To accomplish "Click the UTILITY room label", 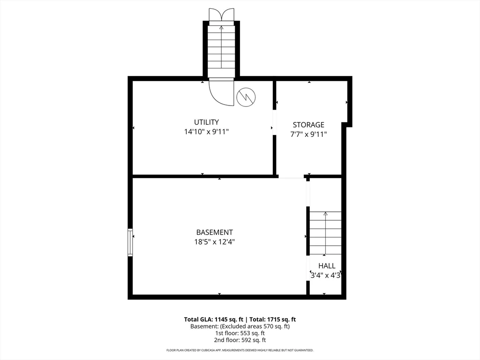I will tap(206, 122).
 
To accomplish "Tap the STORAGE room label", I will tap(308, 125).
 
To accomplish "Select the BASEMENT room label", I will tap(214, 232).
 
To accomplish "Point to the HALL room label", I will tap(327, 266).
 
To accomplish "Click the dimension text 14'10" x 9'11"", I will tap(206, 132).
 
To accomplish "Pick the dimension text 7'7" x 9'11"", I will tap(308, 135).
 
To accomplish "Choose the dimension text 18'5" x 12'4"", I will tap(214, 242).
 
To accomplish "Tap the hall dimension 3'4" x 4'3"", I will tap(325, 276).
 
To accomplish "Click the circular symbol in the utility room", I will tap(246, 97).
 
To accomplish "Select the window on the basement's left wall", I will tap(130, 242).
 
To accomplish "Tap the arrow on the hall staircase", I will tap(325, 214).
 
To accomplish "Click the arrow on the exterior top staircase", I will tap(221, 28).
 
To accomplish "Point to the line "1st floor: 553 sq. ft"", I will tap(240, 333).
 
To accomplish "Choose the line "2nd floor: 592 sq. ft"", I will tap(240, 340).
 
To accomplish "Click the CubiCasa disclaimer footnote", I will tap(240, 350).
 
